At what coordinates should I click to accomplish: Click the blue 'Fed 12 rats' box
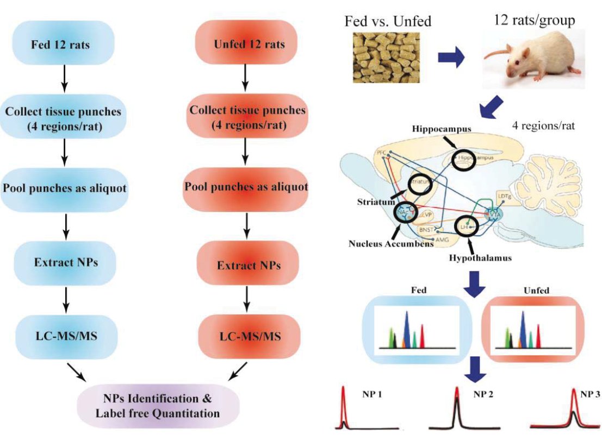[x=64, y=44]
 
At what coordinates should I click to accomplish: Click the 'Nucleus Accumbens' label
[x=390, y=244]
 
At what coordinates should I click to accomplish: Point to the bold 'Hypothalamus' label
[x=481, y=258]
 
